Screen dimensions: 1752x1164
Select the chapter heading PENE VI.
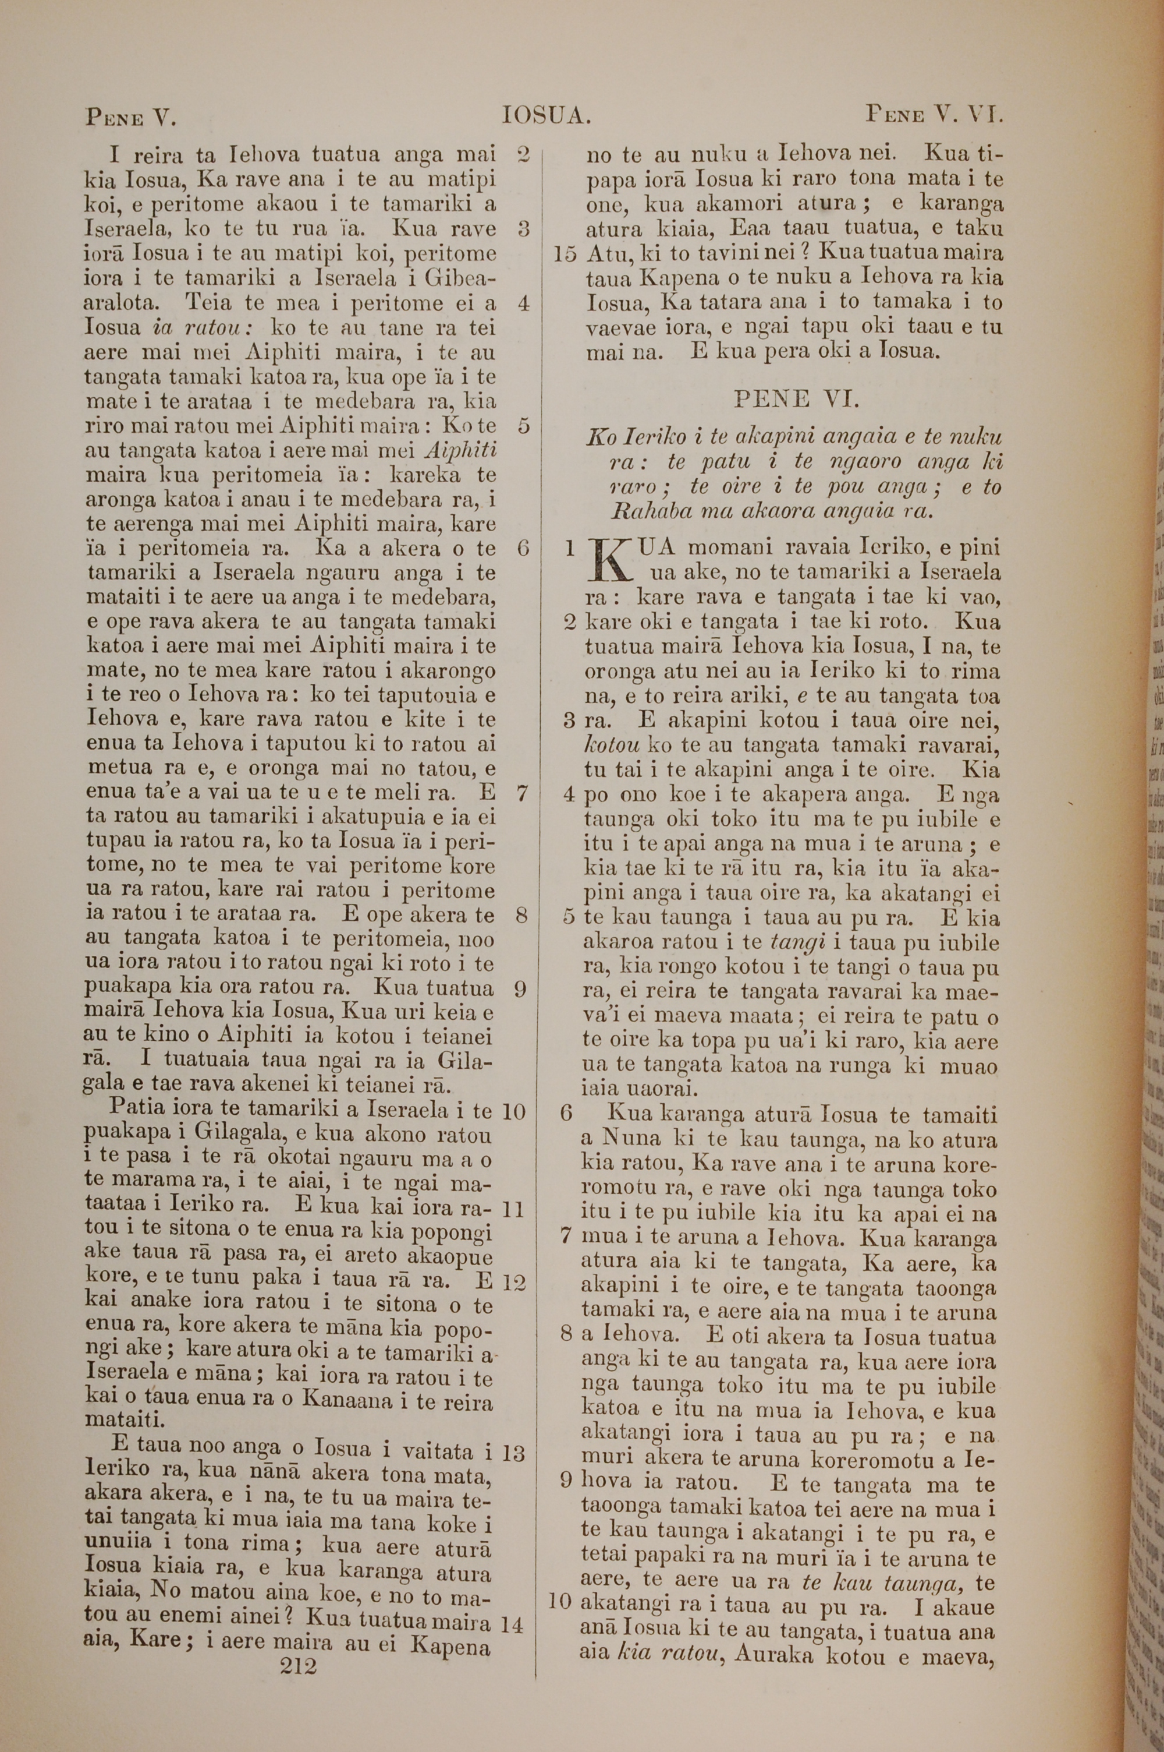pos(797,400)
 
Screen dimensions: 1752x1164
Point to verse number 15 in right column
pos(565,254)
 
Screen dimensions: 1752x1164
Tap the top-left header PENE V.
pos(130,117)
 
